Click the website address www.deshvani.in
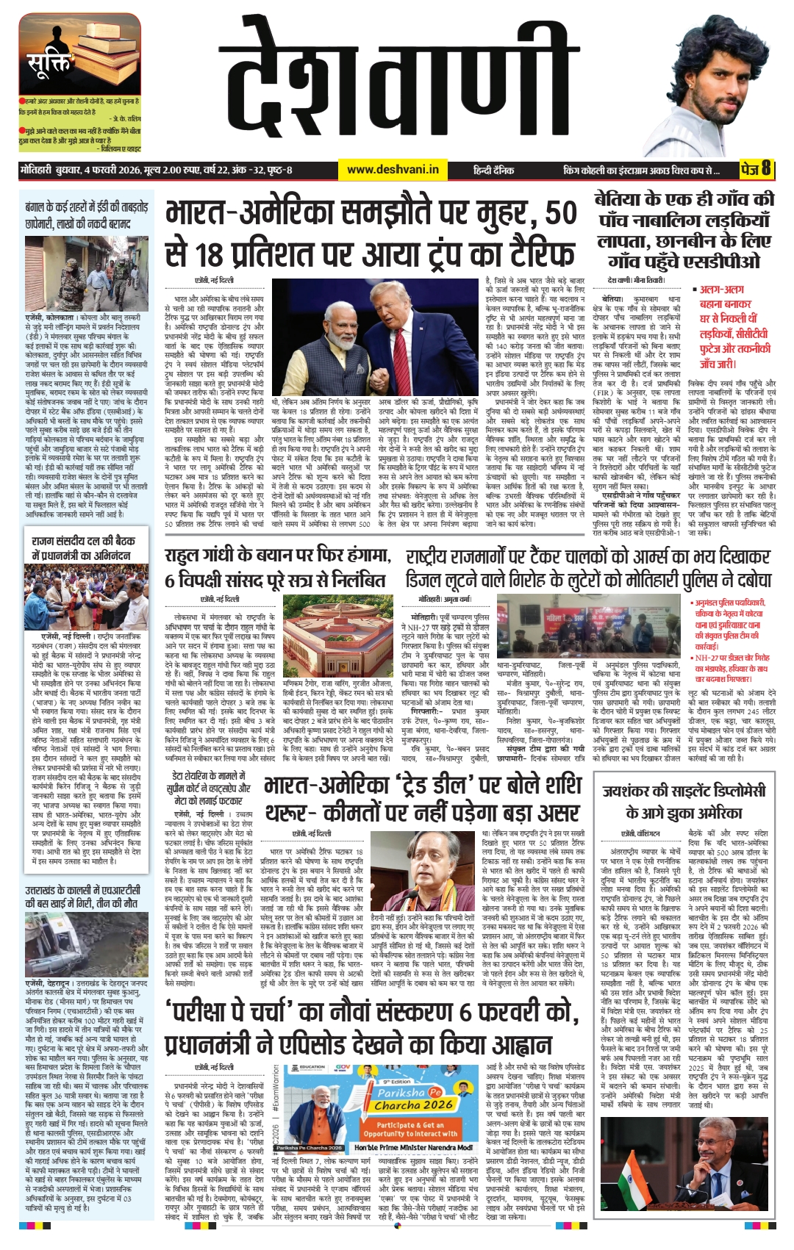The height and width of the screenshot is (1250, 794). [x=393, y=170]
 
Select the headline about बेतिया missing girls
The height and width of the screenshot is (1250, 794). [x=684, y=230]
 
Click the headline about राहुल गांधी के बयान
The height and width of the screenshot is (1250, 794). [x=276, y=568]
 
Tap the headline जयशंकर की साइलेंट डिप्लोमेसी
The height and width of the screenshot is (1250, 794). [x=684, y=802]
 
